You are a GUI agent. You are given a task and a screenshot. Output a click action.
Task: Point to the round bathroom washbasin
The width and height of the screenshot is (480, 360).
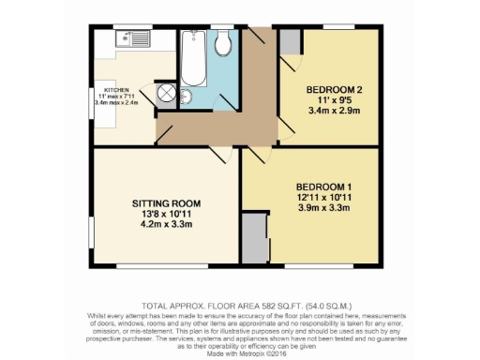185,97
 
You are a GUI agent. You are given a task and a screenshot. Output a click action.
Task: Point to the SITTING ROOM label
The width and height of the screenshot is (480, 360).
165,203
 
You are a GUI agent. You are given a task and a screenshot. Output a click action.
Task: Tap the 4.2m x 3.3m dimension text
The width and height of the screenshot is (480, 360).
166,225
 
